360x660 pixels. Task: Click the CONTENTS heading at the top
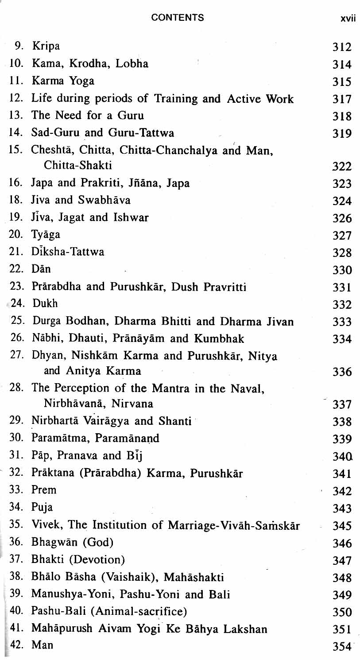click(x=177, y=18)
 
